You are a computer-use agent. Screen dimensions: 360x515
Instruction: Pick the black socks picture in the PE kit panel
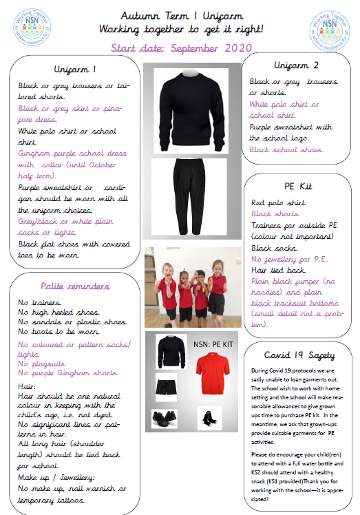(207, 416)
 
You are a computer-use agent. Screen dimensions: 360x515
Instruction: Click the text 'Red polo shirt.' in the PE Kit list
(276, 203)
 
